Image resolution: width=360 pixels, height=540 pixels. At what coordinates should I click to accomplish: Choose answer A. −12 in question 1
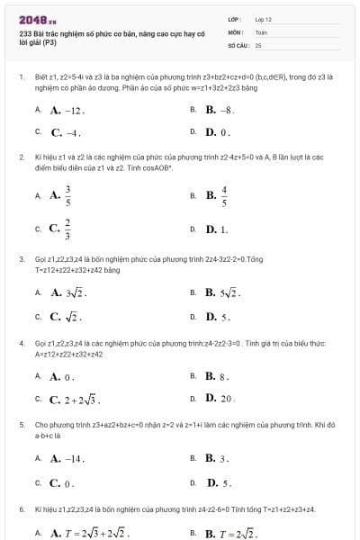67,111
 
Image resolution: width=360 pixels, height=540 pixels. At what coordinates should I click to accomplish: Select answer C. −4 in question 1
67,131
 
